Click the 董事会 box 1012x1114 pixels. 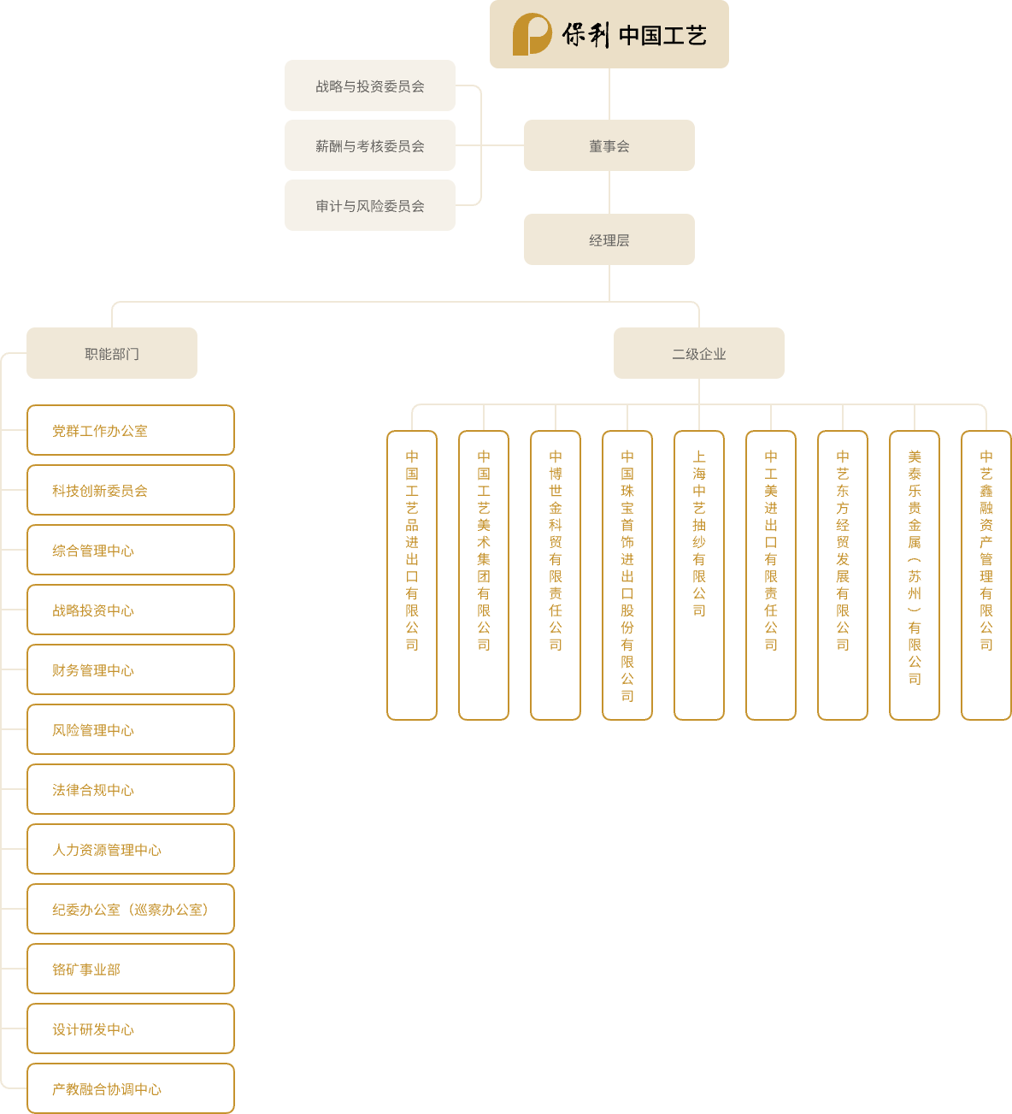click(609, 145)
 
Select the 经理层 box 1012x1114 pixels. click(609, 239)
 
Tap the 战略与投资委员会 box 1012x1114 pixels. click(369, 85)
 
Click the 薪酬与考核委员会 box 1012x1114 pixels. click(369, 145)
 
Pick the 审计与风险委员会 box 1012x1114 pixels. click(369, 205)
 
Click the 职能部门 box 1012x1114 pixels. click(111, 353)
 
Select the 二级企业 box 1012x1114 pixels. click(698, 353)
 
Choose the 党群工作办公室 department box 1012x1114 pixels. click(131, 430)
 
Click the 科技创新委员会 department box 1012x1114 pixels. click(131, 490)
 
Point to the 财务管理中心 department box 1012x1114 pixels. click(131, 669)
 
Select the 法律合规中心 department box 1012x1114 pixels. click(131, 789)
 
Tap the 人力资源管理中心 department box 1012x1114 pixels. click(131, 849)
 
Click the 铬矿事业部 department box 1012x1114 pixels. click(131, 969)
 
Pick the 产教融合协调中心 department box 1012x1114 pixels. click(131, 1088)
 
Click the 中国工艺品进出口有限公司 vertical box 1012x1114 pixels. click(412, 575)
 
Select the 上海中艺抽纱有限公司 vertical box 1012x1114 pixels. click(699, 575)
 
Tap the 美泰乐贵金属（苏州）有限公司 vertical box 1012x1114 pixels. click(915, 575)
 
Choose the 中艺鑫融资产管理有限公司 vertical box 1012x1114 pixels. click(986, 575)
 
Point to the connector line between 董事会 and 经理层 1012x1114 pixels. click(609, 192)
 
